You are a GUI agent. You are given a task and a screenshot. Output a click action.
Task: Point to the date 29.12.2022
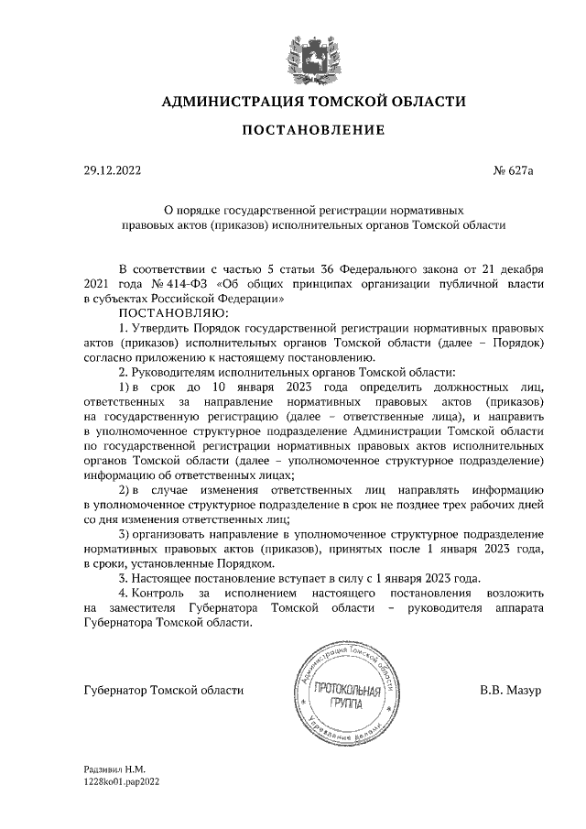click(x=111, y=170)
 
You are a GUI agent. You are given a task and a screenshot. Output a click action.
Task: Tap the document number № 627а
click(x=518, y=170)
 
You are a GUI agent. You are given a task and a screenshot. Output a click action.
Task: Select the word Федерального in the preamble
click(x=376, y=268)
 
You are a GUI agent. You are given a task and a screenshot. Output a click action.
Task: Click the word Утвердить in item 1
click(x=161, y=326)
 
